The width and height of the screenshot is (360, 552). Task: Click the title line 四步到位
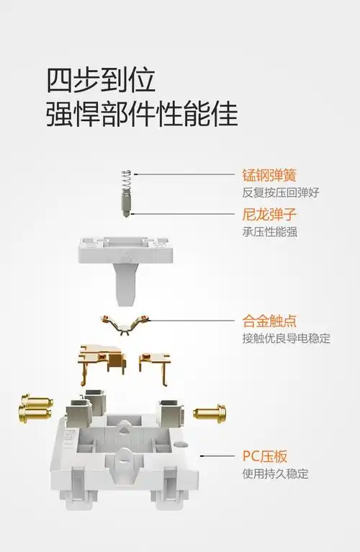click(x=101, y=80)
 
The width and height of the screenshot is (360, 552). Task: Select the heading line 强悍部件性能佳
click(x=142, y=113)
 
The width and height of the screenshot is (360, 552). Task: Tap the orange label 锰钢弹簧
click(x=269, y=175)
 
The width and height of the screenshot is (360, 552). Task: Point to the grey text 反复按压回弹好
click(x=280, y=192)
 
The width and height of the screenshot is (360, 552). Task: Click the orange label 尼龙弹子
click(x=269, y=215)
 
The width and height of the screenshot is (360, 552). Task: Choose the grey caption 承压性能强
click(x=270, y=232)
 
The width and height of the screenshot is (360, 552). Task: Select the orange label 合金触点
click(x=269, y=321)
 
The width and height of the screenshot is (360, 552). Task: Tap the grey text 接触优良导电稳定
click(x=286, y=338)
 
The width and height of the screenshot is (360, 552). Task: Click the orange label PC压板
click(x=265, y=456)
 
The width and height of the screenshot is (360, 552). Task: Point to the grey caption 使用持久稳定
click(x=275, y=473)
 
